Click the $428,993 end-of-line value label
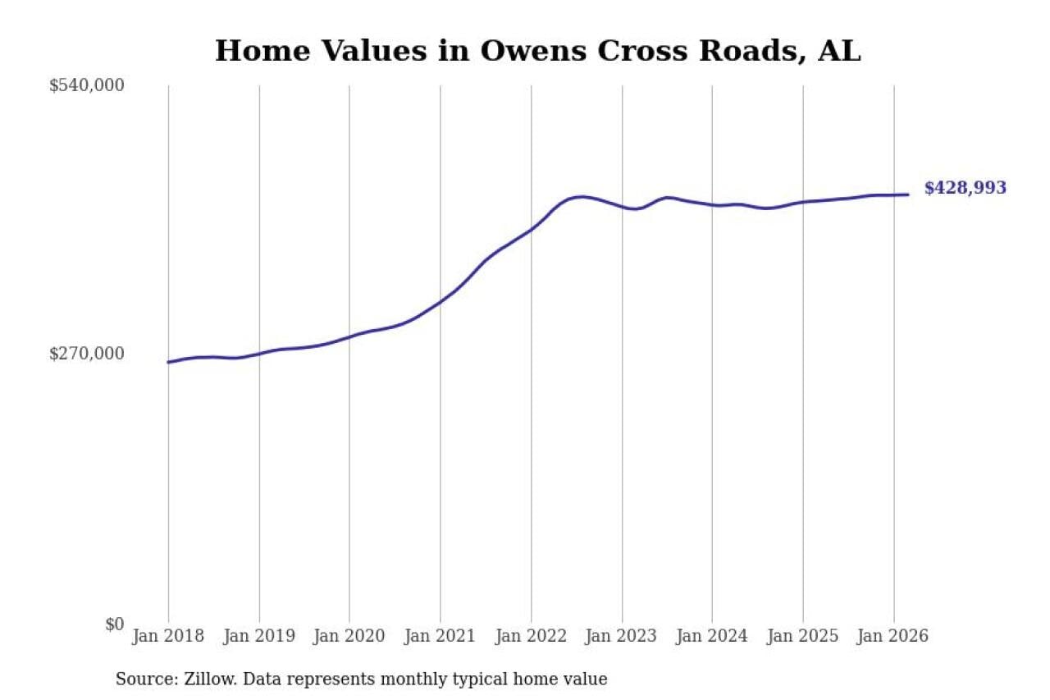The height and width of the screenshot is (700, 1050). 965,188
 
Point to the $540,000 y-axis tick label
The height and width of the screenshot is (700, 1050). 86,85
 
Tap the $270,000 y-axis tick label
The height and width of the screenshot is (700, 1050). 86,354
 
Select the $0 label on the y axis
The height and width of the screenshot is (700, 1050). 114,624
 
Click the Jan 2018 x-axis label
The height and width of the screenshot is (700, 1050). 168,636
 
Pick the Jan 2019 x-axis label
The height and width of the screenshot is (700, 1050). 259,636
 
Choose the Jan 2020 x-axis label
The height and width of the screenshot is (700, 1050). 349,636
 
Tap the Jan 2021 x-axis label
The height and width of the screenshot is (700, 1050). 441,636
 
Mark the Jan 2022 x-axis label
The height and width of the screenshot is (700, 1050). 531,636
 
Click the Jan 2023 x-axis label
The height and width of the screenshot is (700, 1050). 622,636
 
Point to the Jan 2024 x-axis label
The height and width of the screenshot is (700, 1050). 712,636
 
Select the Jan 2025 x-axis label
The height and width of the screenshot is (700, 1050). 803,636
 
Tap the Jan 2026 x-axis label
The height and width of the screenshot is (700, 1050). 893,636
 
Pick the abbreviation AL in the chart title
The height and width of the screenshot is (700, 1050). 839,51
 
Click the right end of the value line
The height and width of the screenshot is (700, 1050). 908,194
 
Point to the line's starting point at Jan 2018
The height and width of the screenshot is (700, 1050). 168,362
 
